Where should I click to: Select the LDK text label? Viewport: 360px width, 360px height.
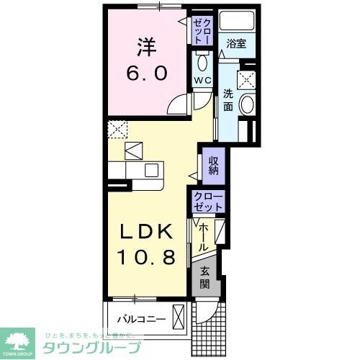(146, 232)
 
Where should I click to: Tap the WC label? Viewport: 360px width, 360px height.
(202, 81)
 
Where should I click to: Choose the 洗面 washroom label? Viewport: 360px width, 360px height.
(227, 99)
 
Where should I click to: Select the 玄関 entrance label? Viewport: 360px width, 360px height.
(205, 276)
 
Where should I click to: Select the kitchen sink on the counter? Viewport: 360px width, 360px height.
(151, 171)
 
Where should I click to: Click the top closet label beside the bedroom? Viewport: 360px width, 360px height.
(202, 32)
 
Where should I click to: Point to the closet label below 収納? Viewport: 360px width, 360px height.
(208, 202)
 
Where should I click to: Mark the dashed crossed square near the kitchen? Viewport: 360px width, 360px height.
(117, 130)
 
